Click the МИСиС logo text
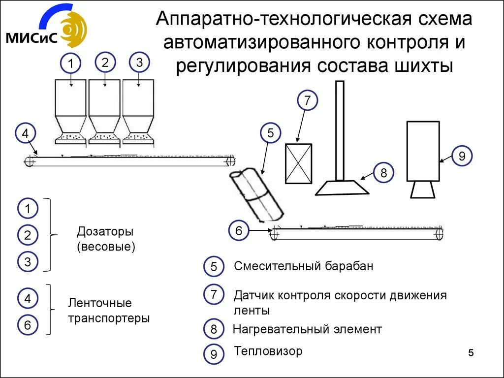(x=31, y=38)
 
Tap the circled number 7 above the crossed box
(x=307, y=100)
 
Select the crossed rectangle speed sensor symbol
(x=299, y=163)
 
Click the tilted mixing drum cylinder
(x=256, y=195)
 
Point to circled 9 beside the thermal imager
(x=462, y=156)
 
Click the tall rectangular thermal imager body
(x=423, y=152)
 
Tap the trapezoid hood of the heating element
(x=342, y=188)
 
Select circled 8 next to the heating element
(x=383, y=173)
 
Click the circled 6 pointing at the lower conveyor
(x=239, y=230)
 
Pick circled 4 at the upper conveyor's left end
(x=26, y=133)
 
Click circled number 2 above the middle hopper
(x=105, y=63)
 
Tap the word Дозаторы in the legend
(x=105, y=231)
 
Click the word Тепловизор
(x=268, y=350)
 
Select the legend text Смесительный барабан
(x=303, y=266)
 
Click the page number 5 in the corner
(x=471, y=353)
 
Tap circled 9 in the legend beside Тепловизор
(x=214, y=354)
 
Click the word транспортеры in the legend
(x=109, y=318)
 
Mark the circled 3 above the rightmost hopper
(x=139, y=63)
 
